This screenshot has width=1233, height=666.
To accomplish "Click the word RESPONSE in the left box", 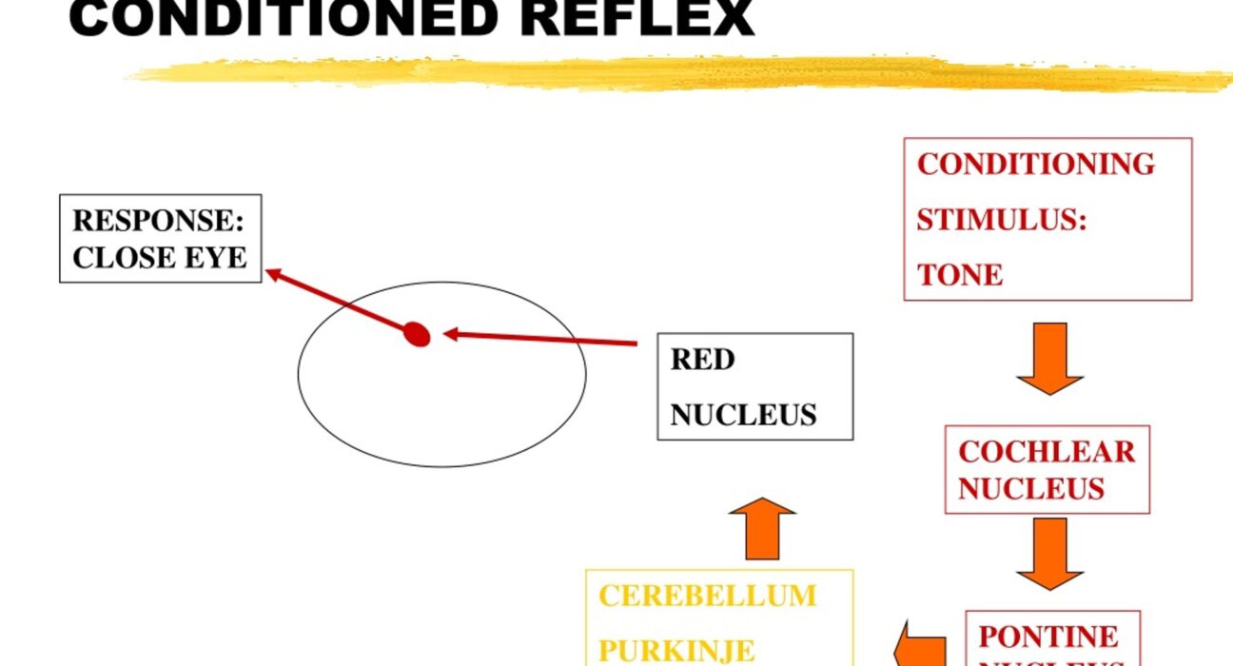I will click(x=151, y=221).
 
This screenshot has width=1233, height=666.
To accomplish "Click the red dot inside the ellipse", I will click(x=417, y=334).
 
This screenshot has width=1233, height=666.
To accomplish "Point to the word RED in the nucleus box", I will click(x=702, y=360).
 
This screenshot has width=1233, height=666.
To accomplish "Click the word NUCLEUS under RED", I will click(x=743, y=415).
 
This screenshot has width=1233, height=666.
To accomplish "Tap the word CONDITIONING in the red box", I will click(x=1035, y=164).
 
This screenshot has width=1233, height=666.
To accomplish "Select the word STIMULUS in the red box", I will click(x=1001, y=220).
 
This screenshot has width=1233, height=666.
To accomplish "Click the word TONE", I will click(x=960, y=275).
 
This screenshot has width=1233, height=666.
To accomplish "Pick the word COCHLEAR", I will click(x=1047, y=451).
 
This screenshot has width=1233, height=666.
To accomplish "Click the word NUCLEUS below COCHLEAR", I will click(x=1030, y=489).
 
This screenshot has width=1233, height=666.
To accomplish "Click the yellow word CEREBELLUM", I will click(x=707, y=596).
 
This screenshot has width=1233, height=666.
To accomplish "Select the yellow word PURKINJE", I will click(x=675, y=651).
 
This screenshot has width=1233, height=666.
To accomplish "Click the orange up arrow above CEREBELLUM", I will click(x=762, y=530).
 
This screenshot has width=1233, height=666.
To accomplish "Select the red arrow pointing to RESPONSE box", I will click(x=338, y=302).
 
